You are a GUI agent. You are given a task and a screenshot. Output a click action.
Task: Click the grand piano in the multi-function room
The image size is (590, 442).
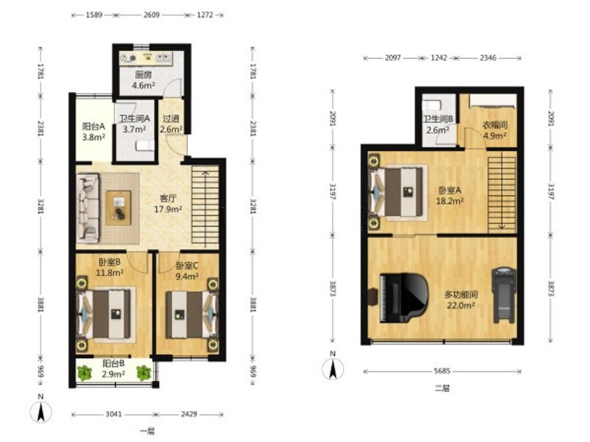click(x=403, y=298)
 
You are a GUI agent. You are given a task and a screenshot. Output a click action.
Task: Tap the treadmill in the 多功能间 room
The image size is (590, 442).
click(x=504, y=295)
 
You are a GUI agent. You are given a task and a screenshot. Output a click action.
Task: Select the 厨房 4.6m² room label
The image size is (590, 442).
click(x=143, y=80)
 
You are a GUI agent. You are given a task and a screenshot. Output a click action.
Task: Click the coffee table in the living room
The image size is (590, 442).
click(x=119, y=208)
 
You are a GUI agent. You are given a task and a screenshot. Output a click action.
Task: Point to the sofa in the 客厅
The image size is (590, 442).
click(x=88, y=208)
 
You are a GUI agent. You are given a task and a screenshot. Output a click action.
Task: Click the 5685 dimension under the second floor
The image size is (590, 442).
click(x=442, y=371)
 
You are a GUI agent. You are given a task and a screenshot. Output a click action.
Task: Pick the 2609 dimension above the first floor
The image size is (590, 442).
click(x=151, y=15)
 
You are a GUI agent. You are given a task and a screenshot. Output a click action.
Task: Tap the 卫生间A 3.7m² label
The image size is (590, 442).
click(x=134, y=124)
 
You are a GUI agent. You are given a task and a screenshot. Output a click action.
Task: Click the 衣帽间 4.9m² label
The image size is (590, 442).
click(x=494, y=130)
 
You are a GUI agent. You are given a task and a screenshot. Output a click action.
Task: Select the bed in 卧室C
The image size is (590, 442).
click(x=192, y=315)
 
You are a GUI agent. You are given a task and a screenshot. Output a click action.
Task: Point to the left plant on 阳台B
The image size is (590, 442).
click(x=85, y=373)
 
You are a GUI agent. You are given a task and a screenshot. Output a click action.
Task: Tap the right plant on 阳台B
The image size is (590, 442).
click(x=144, y=373)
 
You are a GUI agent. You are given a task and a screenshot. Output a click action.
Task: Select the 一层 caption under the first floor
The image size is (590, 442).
click(x=147, y=431)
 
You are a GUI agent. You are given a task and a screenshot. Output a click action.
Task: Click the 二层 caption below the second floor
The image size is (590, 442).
click(x=442, y=388)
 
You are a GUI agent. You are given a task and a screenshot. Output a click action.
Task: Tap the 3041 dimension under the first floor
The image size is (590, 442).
click(x=114, y=414)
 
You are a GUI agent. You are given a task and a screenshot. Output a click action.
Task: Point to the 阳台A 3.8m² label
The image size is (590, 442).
click(x=94, y=132)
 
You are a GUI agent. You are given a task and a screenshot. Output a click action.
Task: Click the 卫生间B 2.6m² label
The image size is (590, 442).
click(x=438, y=124)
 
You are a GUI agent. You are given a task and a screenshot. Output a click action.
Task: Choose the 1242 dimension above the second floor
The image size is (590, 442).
click(x=439, y=58)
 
